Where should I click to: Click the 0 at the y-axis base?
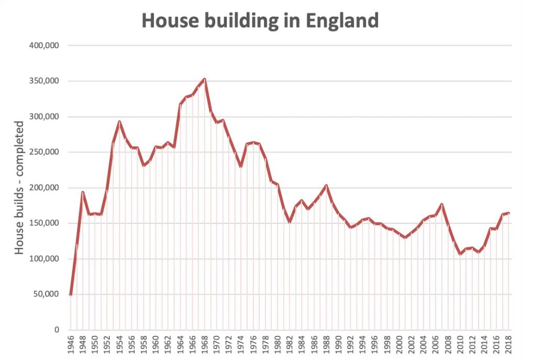(x=56, y=330)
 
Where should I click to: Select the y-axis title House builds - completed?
(x=20, y=188)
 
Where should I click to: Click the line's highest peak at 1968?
(x=204, y=79)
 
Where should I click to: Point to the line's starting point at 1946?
(x=71, y=294)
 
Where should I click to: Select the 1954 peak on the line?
(x=119, y=122)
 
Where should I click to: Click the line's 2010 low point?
(x=460, y=254)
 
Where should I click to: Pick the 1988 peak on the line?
(x=326, y=185)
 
